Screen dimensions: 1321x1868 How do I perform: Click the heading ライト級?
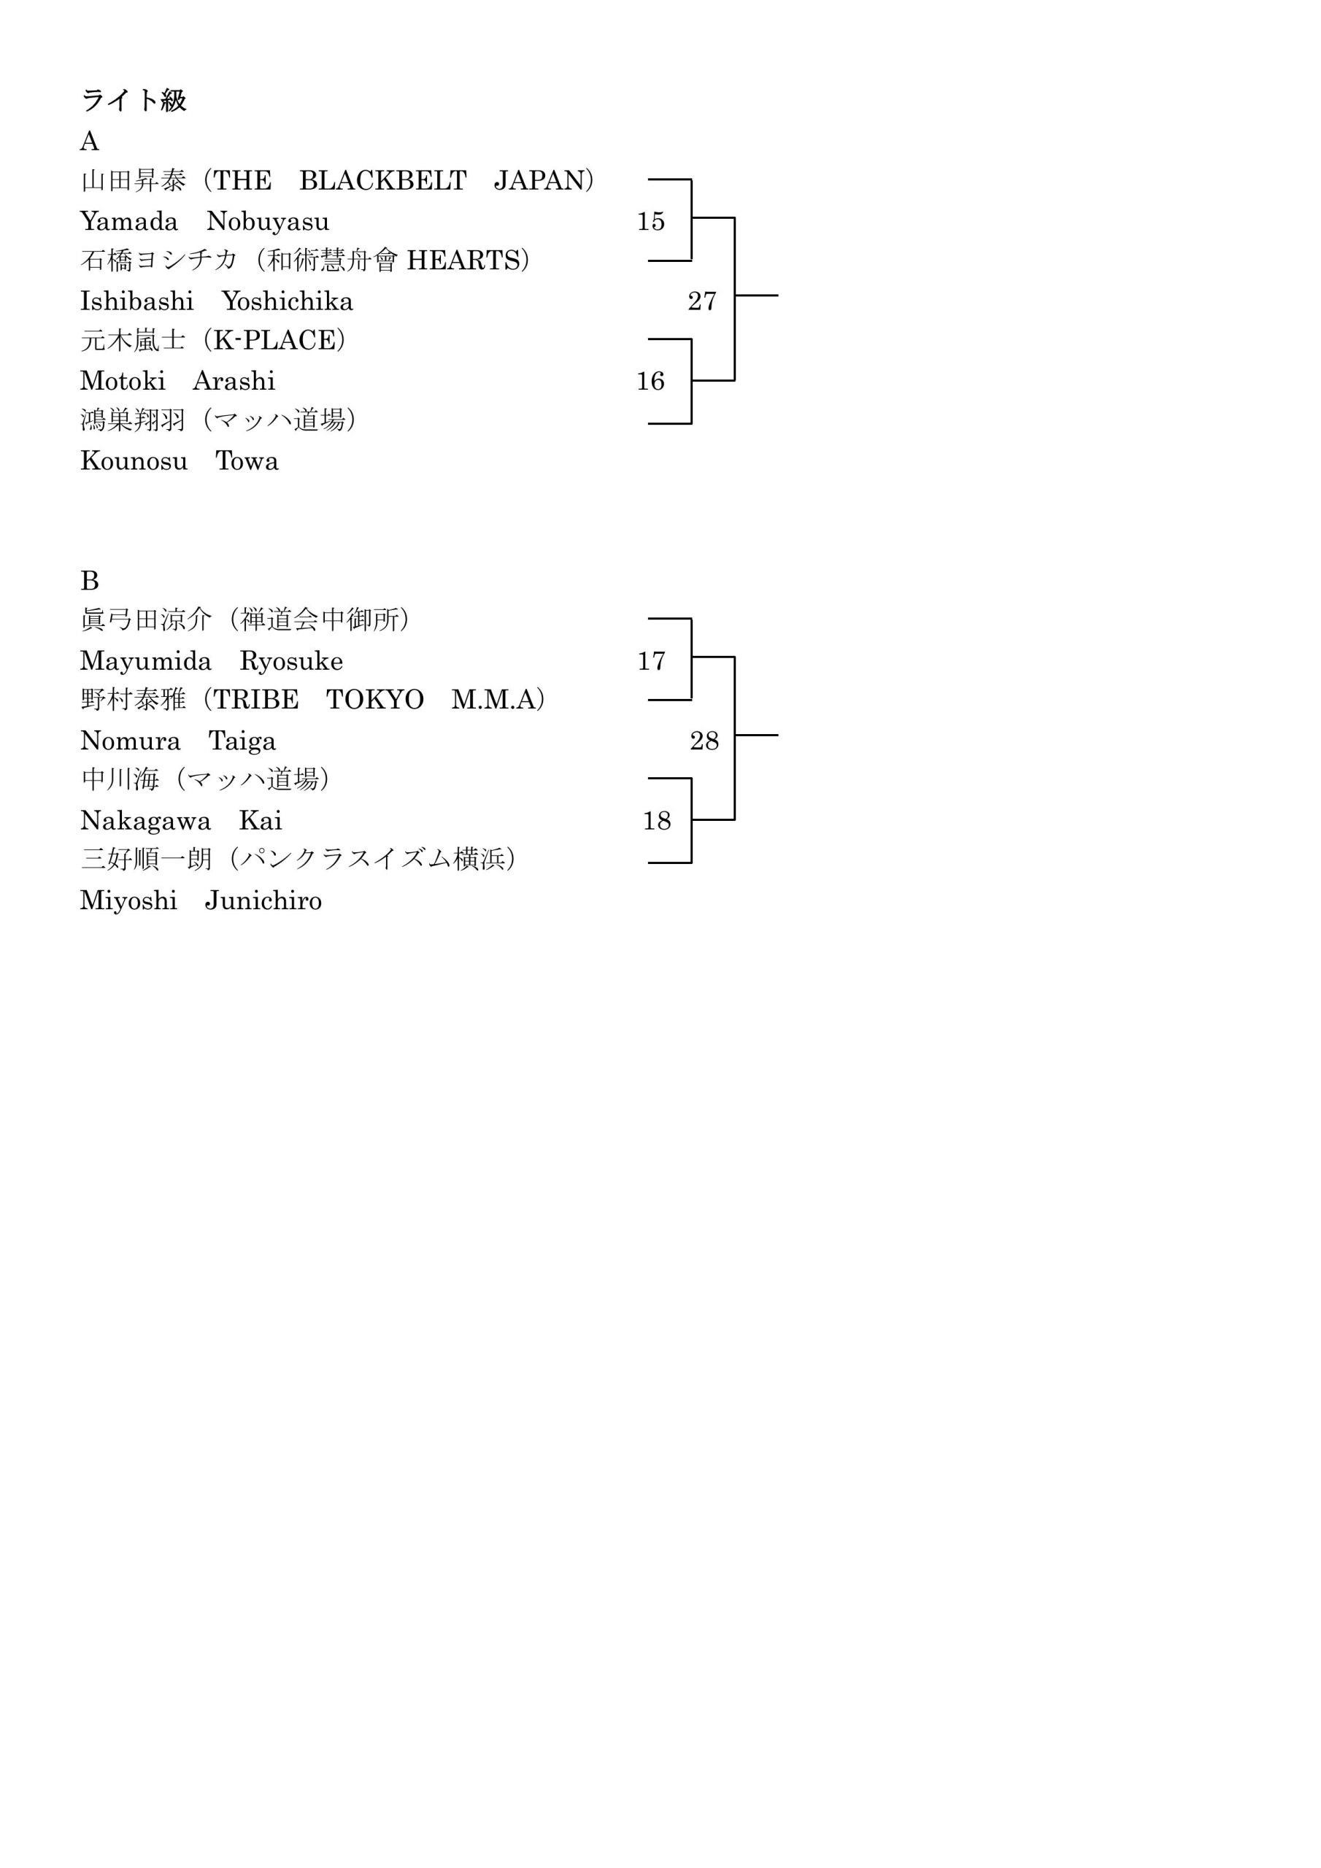134,101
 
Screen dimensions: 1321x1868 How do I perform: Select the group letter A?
90,142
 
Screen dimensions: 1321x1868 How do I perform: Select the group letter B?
90,581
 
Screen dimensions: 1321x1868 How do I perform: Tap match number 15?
651,221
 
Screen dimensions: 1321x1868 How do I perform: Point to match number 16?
651,381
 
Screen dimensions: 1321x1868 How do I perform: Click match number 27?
702,301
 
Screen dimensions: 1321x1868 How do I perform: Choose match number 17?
651,660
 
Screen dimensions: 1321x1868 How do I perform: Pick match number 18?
657,820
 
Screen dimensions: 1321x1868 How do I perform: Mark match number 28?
705,741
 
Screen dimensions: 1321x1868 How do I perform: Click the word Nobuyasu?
268,221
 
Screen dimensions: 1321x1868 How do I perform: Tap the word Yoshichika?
288,301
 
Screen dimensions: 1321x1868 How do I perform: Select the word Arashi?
234,381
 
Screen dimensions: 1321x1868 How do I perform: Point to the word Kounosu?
134,461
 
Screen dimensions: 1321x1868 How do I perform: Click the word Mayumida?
146,661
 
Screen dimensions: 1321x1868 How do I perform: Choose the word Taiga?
242,741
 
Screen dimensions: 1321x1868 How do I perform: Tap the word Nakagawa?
146,821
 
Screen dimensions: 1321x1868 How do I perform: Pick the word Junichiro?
263,900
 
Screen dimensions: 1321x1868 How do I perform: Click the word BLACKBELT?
383,181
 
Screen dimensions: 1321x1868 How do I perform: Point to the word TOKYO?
375,700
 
